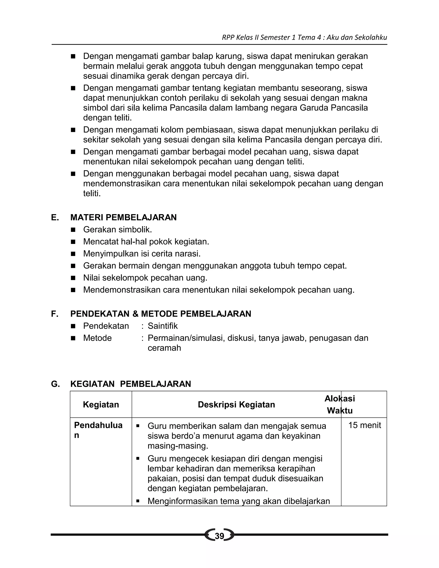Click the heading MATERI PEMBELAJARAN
[123, 217]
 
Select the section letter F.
[54, 314]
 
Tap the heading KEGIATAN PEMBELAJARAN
[131, 384]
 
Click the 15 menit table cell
[364, 425]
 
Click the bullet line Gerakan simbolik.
[117, 230]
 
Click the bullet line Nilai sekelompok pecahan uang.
[145, 278]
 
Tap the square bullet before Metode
[73, 338]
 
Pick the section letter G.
[55, 384]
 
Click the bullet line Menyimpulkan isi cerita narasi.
[142, 254]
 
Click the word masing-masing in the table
[178, 446]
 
